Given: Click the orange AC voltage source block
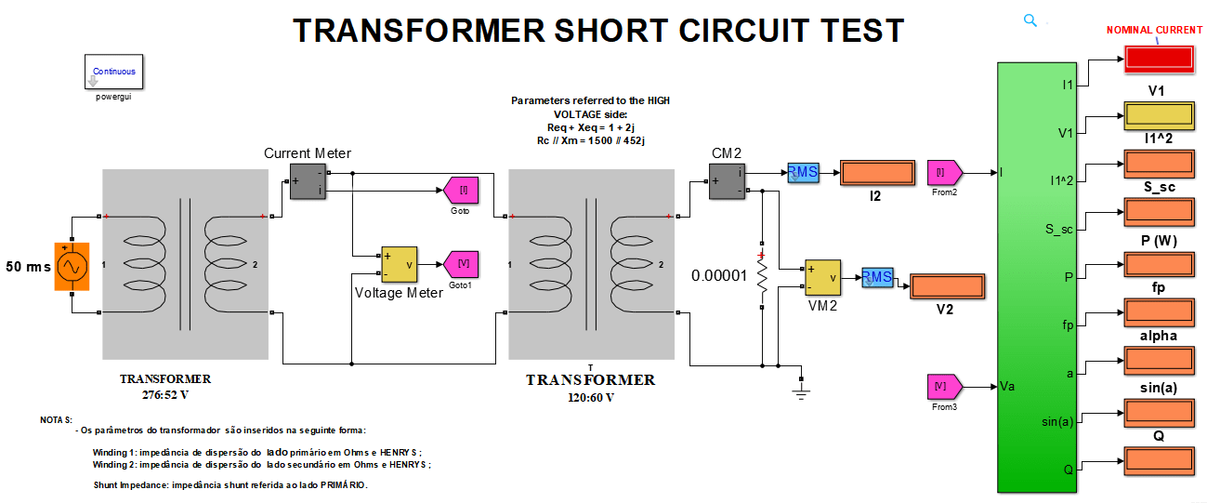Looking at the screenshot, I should (x=71, y=266).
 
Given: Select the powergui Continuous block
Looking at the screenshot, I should (x=113, y=72).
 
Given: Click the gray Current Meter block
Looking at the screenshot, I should (x=308, y=181).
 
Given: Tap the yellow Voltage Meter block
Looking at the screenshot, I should (x=400, y=264).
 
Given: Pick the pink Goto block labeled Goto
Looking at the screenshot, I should (x=461, y=191).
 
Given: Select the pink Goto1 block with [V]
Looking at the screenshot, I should (x=461, y=264).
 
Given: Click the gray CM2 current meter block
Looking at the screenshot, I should (x=727, y=181).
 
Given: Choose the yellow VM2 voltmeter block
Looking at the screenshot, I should (x=822, y=277).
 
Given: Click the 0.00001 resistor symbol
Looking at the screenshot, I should (x=762, y=276).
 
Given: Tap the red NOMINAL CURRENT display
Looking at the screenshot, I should (x=1159, y=58).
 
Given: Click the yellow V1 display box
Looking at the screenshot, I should (x=1159, y=115).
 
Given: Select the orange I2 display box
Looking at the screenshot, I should (x=876, y=173).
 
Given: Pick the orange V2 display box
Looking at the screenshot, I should (x=946, y=287).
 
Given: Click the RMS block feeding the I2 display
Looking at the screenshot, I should (x=803, y=172).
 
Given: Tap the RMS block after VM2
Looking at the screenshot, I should (x=876, y=277).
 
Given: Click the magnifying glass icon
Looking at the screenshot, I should (x=1030, y=20).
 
